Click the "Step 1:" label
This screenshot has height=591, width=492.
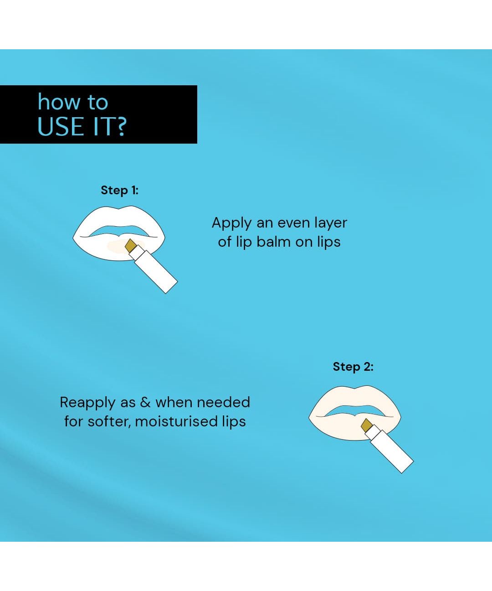point(120,190)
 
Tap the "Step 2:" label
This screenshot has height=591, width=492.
point(353,367)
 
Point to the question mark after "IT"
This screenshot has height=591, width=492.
point(121,126)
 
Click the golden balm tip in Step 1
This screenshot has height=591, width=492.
point(131,246)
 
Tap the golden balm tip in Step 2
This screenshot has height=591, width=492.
point(366,425)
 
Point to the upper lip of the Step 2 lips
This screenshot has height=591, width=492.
point(354,398)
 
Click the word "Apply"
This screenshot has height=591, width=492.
point(231,223)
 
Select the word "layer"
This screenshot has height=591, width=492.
point(331,223)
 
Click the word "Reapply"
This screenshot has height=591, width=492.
point(87,403)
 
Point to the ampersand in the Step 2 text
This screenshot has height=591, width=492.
point(145,402)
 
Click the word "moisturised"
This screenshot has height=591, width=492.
point(176,421)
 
